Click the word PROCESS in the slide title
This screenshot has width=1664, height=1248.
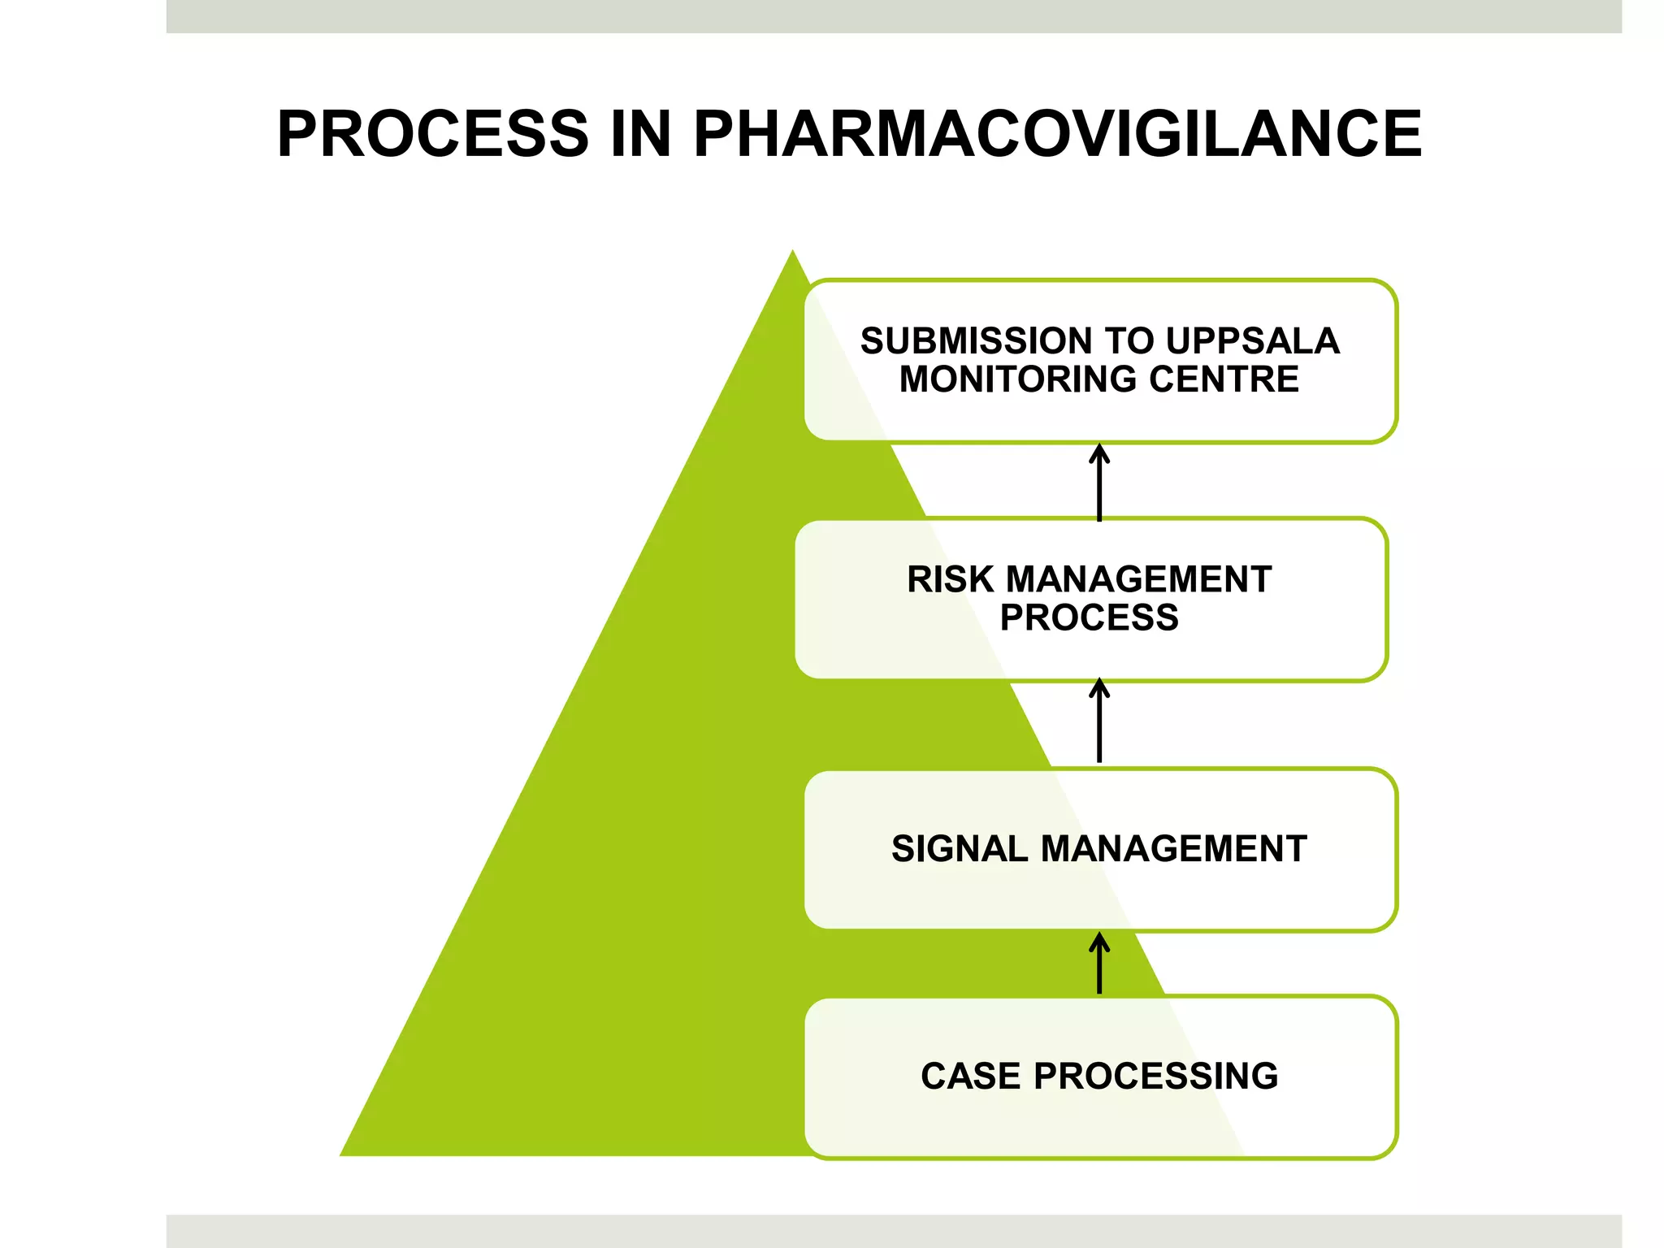[x=433, y=134]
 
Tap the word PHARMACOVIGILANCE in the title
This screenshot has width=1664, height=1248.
[x=1057, y=134]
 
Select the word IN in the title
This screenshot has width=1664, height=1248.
[x=640, y=134]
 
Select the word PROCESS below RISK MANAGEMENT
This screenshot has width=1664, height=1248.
[x=1089, y=618]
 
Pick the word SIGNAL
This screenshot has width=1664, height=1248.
[x=960, y=849]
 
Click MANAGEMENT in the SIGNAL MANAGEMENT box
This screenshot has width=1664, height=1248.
[x=1173, y=849]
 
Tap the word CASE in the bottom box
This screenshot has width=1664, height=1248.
[x=970, y=1077]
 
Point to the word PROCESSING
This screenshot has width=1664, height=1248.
[x=1155, y=1077]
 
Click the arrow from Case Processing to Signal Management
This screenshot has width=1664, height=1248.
[x=1099, y=964]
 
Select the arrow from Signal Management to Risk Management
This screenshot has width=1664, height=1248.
[x=1099, y=721]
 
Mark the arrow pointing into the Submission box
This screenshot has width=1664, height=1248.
[x=1099, y=483]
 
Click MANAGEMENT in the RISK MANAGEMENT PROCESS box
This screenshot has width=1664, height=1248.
[x=1138, y=580]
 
